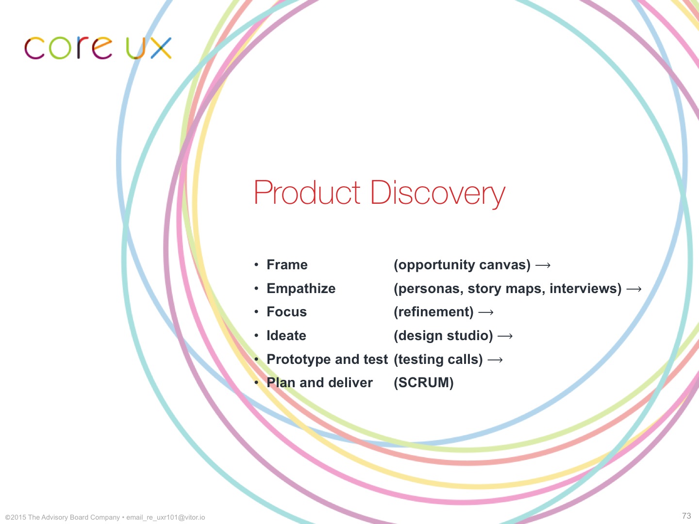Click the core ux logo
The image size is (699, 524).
(x=98, y=48)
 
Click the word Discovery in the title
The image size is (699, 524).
(x=437, y=193)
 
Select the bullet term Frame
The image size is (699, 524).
(x=287, y=265)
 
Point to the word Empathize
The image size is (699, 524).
(x=301, y=289)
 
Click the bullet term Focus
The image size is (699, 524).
(x=286, y=312)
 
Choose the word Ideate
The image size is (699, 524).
(x=286, y=336)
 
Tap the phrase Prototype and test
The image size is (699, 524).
(x=327, y=360)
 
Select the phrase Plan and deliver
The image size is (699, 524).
(x=319, y=383)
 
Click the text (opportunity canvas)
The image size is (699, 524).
(x=462, y=265)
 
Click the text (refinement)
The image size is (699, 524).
(x=434, y=312)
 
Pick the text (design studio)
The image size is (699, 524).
(x=443, y=336)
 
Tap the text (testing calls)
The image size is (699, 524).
(x=438, y=360)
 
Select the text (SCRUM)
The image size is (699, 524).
(x=424, y=383)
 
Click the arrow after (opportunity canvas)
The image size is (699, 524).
(x=543, y=265)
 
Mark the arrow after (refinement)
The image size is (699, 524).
(x=486, y=312)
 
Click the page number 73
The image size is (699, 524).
(x=686, y=516)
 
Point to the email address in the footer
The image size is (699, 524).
(x=166, y=517)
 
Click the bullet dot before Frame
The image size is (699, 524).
(x=256, y=265)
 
